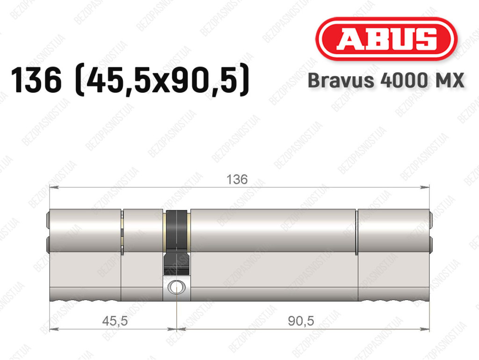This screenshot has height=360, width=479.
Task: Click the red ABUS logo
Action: coord(386,39)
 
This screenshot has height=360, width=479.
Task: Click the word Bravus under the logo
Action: coord(341,81)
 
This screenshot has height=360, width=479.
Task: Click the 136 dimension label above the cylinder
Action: coord(237,179)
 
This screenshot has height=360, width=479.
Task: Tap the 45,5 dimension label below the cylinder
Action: coord(115,321)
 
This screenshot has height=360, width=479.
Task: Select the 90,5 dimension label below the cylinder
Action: coord(301,321)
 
